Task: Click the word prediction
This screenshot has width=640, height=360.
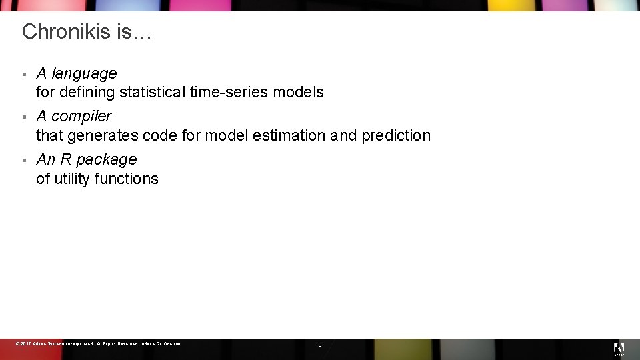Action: point(396,135)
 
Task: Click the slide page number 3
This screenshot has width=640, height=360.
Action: point(320,345)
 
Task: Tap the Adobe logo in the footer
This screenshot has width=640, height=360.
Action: point(619,348)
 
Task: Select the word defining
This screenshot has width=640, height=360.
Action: point(87,92)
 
